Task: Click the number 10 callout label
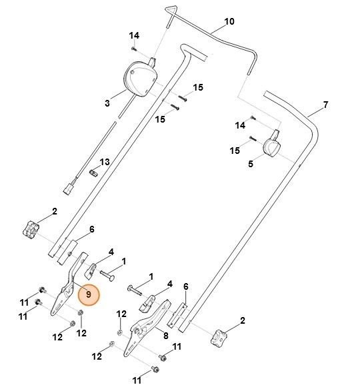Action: pyautogui.click(x=229, y=22)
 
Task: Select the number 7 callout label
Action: pyautogui.click(x=325, y=105)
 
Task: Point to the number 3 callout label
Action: pyautogui.click(x=107, y=103)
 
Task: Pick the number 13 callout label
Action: pyautogui.click(x=104, y=162)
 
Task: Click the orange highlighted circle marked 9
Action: pyautogui.click(x=88, y=294)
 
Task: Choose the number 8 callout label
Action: pyautogui.click(x=165, y=336)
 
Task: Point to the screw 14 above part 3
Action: pyautogui.click(x=134, y=48)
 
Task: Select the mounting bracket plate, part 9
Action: pyautogui.click(x=69, y=290)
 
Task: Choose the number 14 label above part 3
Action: pyautogui.click(x=134, y=35)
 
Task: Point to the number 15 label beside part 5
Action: pyautogui.click(x=234, y=151)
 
